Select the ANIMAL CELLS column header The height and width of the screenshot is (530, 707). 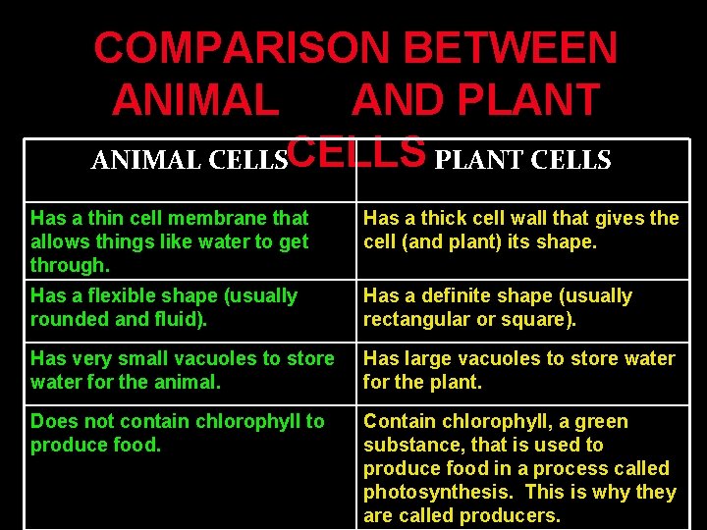188,159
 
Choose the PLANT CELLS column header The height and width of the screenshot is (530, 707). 522,159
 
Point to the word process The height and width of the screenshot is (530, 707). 569,468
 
